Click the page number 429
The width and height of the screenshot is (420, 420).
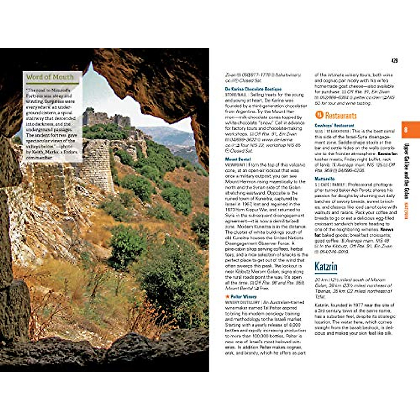click(394, 61)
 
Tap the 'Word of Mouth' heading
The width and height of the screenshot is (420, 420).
click(50, 77)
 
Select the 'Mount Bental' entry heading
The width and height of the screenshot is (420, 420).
click(238, 159)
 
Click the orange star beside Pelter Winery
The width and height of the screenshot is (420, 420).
click(227, 297)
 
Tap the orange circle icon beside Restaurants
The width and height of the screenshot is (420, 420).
click(319, 115)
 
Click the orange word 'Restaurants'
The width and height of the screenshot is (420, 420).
click(341, 115)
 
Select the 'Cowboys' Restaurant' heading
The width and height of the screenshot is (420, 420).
click(334, 125)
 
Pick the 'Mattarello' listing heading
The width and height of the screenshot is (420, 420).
click(324, 179)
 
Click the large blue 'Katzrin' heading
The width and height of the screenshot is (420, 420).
click(326, 267)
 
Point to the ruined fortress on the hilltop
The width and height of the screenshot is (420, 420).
click(107, 119)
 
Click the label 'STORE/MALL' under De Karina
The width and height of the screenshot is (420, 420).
click(236, 94)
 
